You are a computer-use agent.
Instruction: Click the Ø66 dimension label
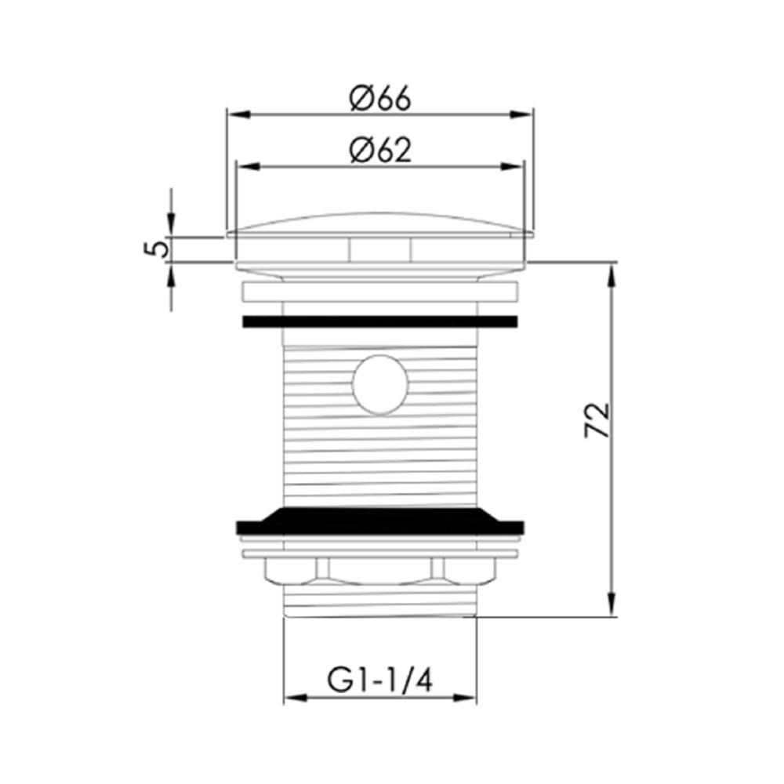pos(380,100)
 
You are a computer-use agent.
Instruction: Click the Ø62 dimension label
pos(380,150)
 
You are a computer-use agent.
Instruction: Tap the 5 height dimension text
pos(158,249)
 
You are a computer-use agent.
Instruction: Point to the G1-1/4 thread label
pos(380,680)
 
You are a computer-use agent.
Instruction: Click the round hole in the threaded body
pos(380,383)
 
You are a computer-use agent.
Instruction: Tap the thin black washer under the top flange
pos(380,321)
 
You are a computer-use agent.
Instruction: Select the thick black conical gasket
pos(380,520)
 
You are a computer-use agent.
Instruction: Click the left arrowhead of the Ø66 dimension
pos(236,114)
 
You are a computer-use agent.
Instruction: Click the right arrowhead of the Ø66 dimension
pos(524,114)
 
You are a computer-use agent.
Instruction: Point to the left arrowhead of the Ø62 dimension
pos(246,165)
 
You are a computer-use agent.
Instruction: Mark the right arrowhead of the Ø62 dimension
pos(513,165)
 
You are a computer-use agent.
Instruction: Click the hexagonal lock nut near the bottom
pos(380,570)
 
